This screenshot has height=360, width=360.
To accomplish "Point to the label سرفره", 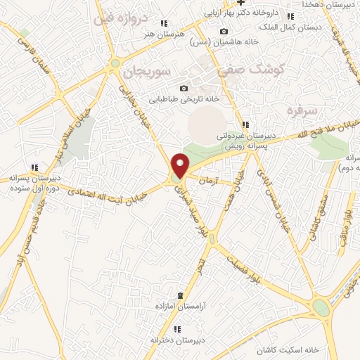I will (298, 110).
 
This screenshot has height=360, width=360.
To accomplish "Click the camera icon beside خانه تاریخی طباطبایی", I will (184, 88).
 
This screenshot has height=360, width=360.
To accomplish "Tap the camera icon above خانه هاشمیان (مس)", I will (224, 31).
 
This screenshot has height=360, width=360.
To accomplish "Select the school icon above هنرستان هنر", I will (164, 23).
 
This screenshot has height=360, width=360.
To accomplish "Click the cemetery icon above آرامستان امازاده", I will (181, 295).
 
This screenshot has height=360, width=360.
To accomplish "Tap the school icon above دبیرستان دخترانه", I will (176, 329).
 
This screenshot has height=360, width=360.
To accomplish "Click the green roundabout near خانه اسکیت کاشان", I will (321, 308).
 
